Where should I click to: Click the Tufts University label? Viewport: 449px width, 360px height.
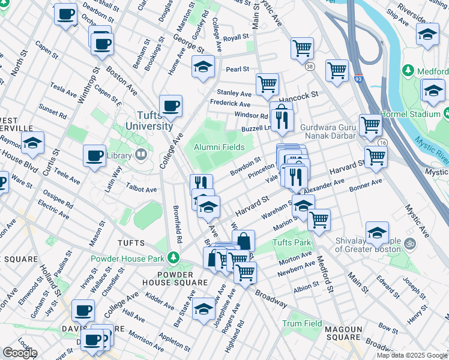pos(149,121)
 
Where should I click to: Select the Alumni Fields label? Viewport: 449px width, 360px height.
pos(219,148)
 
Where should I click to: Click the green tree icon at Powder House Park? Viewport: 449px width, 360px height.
pos(173,257)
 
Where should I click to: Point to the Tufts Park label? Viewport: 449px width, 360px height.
pos(292,243)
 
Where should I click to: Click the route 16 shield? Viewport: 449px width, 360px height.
pos(382,142)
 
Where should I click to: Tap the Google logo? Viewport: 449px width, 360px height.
pos(20,352)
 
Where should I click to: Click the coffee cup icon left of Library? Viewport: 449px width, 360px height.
pos(95,156)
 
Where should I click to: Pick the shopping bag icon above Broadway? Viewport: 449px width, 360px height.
pos(244,241)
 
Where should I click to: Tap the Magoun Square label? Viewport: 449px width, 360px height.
pos(343,333)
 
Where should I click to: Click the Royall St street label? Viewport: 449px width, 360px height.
pos(236,38)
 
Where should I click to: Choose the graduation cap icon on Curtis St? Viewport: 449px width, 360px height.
pos(33,143)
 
